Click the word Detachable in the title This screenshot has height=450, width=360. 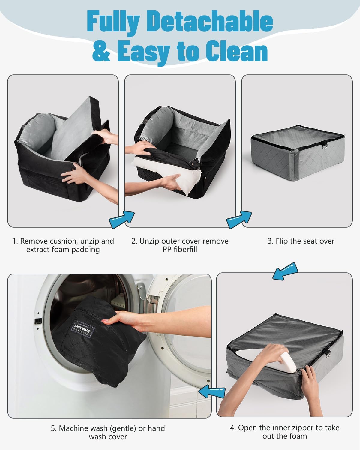coord(210,22)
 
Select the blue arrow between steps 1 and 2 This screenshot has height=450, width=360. coord(122,219)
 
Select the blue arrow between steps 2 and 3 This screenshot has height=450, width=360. coord(239,219)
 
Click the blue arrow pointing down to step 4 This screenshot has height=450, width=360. coord(285,271)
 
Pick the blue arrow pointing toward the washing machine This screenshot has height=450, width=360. coord(212,391)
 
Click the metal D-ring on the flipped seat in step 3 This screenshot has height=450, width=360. coord(324,146)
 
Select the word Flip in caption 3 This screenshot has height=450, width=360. coord(281,241)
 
